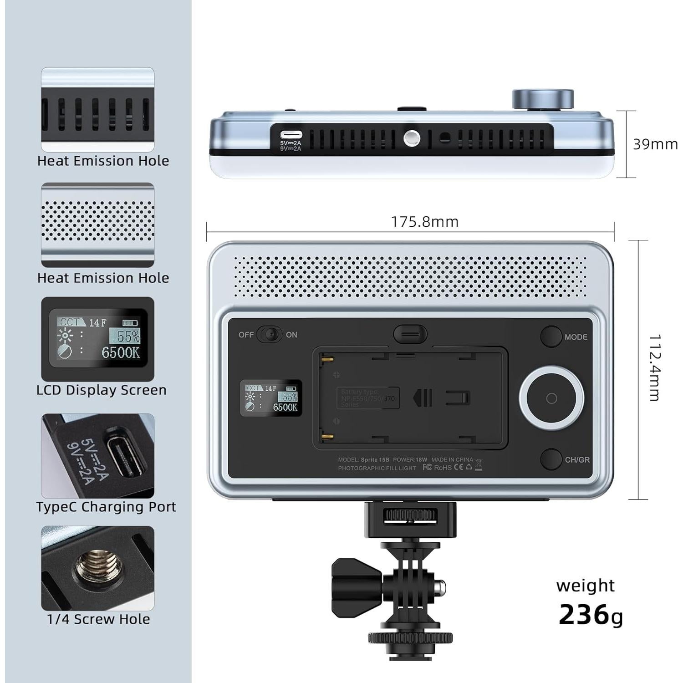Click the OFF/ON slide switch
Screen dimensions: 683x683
point(269,335)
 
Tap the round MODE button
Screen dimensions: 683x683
point(551,336)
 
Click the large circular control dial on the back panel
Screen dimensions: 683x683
point(551,398)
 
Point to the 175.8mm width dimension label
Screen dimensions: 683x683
point(424,222)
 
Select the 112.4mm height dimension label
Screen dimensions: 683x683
point(654,368)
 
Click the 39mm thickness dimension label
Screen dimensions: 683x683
point(655,144)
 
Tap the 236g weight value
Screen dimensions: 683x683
point(590,615)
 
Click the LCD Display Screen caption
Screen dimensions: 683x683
point(101,390)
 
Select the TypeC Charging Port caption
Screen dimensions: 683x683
point(106,507)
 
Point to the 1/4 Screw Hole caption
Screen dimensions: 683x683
point(98,619)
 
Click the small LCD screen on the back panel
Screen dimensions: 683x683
point(271,398)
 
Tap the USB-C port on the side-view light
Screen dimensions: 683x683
point(291,135)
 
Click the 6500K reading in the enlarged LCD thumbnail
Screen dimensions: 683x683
point(120,353)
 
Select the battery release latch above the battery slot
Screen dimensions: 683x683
point(410,334)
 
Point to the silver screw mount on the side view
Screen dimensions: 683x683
point(412,137)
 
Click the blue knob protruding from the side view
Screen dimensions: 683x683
point(542,99)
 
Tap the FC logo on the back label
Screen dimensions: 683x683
point(427,468)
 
